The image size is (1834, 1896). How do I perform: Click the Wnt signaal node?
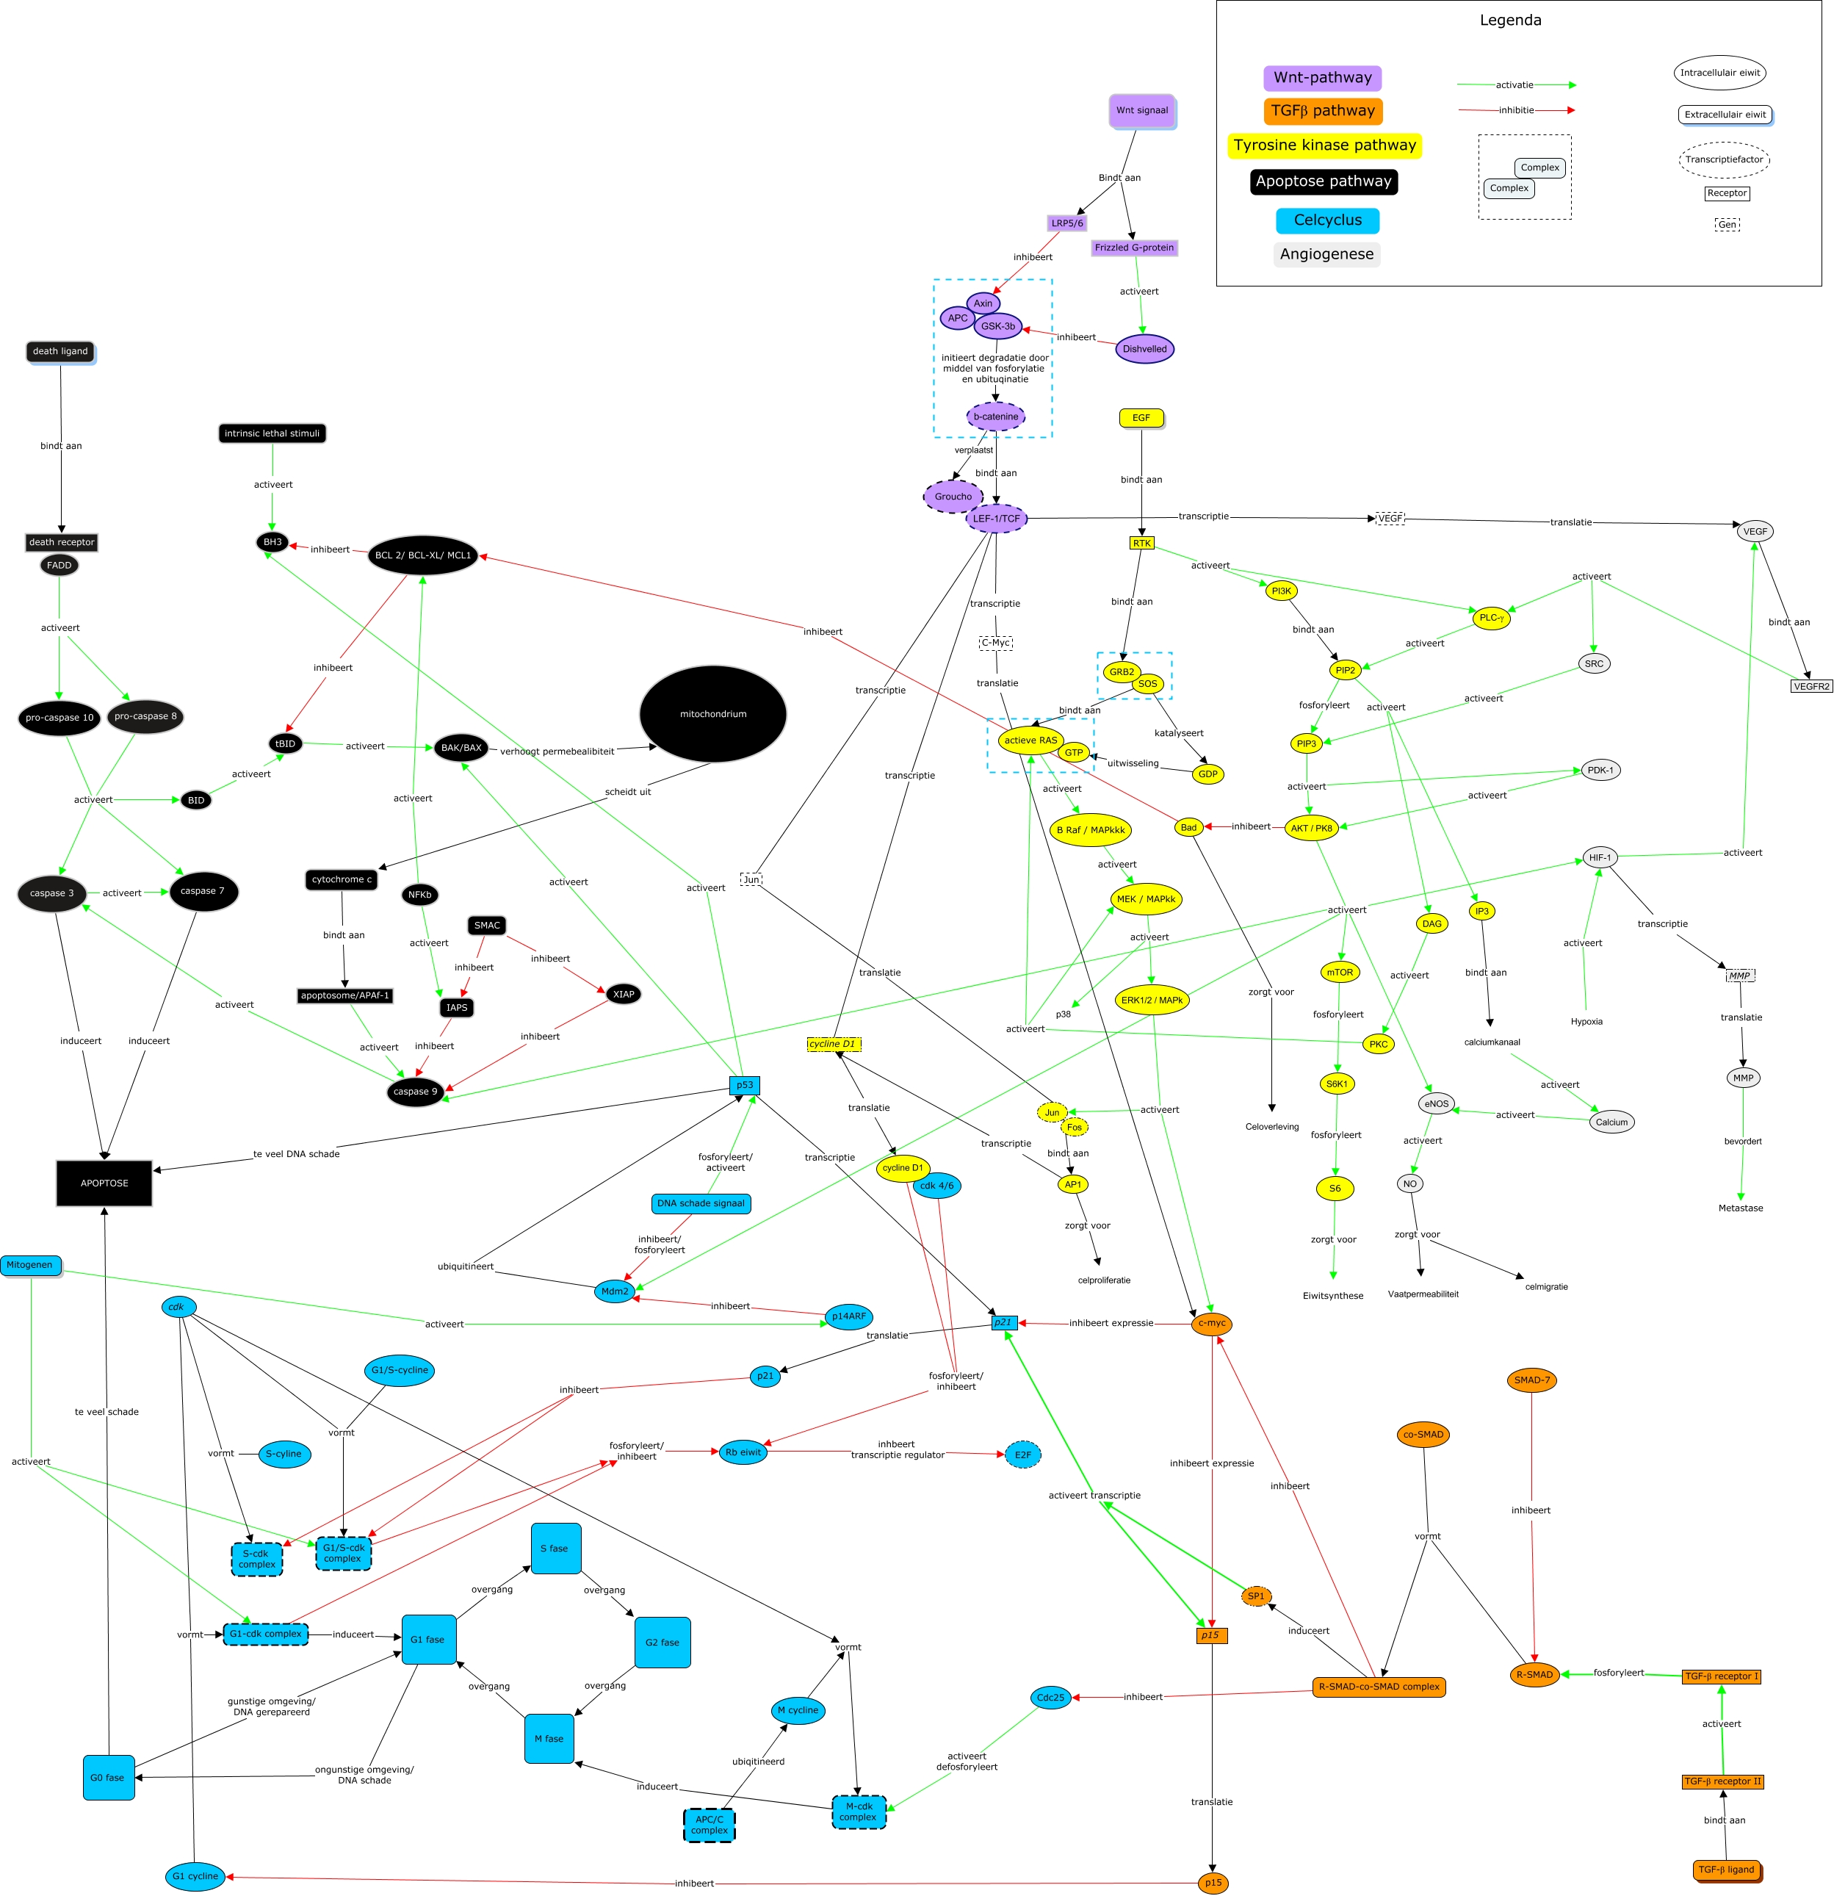click(x=1142, y=111)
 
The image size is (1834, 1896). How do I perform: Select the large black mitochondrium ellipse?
click(x=713, y=714)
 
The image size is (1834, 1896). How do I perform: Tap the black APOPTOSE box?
click(x=104, y=1183)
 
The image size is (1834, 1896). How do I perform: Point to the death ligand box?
click(x=61, y=352)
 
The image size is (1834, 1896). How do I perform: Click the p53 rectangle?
click(x=745, y=1085)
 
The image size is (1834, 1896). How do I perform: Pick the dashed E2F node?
click(x=1023, y=1455)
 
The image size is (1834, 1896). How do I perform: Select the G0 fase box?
click(x=109, y=1778)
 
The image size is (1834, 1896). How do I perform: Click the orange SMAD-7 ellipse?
click(x=1532, y=1380)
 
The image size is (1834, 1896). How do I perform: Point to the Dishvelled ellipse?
click(x=1145, y=349)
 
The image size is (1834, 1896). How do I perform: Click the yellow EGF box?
click(x=1142, y=419)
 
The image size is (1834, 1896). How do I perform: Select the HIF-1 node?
click(x=1601, y=858)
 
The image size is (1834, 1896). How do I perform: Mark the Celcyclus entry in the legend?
click(x=1328, y=220)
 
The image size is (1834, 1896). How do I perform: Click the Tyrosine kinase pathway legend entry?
click(x=1325, y=145)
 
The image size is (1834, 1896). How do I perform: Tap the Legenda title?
click(x=1511, y=21)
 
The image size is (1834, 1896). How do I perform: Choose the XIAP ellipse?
click(x=624, y=995)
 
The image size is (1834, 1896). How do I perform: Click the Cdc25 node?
click(x=1052, y=1698)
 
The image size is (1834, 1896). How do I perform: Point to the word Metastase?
click(x=1741, y=1208)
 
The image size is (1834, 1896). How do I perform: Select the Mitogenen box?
click(x=31, y=1265)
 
